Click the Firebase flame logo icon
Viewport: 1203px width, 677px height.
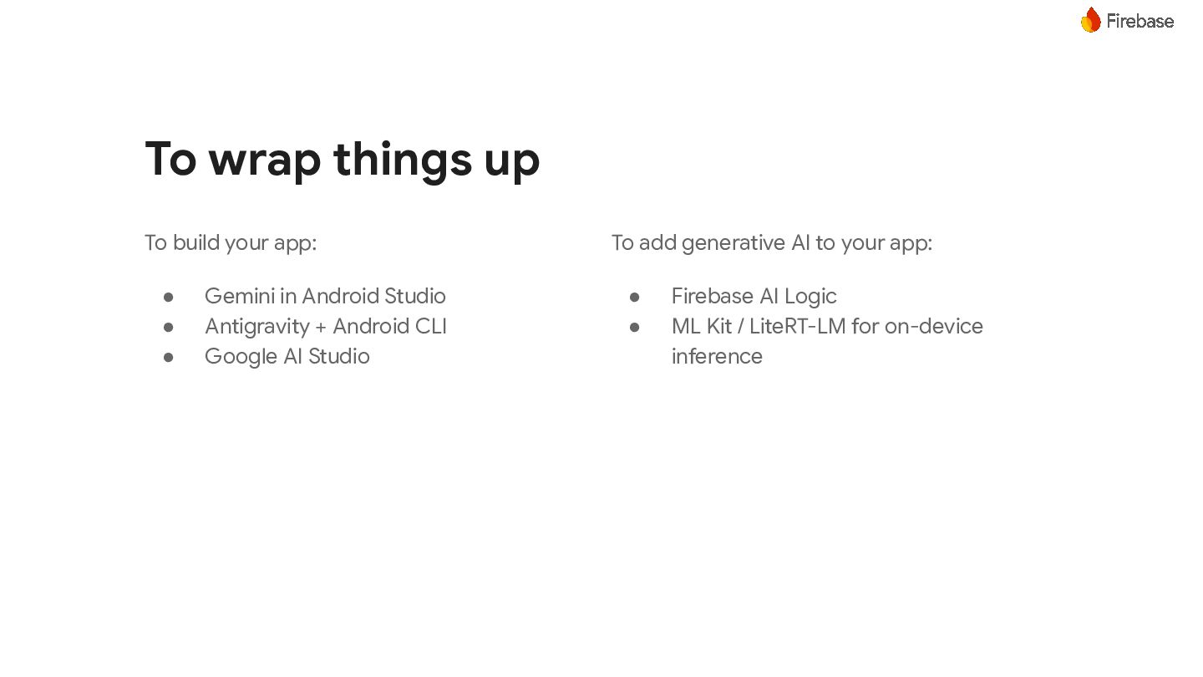[x=1091, y=20]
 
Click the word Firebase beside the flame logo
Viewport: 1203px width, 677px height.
[x=1140, y=22]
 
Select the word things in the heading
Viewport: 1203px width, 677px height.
[x=403, y=159]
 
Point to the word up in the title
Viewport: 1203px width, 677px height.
[x=512, y=163]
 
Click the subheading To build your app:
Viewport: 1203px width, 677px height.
[x=231, y=243]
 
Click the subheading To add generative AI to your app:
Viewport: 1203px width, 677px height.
[x=772, y=243]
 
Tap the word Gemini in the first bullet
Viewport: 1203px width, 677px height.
[x=240, y=296]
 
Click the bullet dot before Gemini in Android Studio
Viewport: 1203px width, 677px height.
[x=168, y=297]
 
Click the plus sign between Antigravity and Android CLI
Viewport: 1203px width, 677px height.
[x=321, y=328]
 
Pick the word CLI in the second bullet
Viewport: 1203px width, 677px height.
[x=431, y=326]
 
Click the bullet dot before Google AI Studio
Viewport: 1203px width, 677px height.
[x=168, y=357]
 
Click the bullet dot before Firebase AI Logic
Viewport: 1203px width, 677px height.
[x=634, y=297]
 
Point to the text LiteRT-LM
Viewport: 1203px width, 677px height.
[x=798, y=326]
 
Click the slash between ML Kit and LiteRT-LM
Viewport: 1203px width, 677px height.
[x=740, y=326]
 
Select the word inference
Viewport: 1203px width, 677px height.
[x=717, y=356]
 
